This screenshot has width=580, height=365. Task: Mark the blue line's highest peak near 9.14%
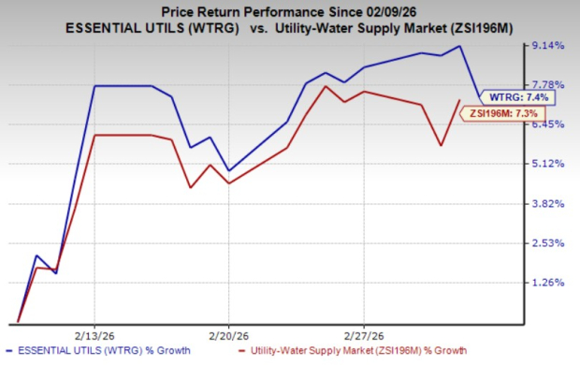[x=460, y=46]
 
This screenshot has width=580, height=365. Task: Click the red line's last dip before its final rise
[x=441, y=145]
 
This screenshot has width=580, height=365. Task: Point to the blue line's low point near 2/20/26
[x=229, y=170]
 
